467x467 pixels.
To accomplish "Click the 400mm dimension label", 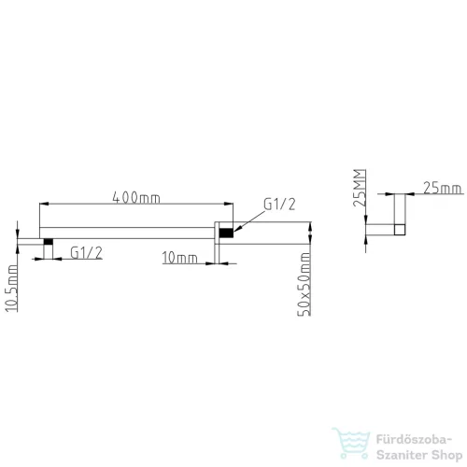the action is [136, 198].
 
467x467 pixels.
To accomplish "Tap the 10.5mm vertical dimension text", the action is [12, 288].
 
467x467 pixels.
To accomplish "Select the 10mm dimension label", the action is [179, 258].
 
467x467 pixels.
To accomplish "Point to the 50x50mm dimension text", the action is [304, 284].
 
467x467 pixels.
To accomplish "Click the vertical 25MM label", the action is [360, 188].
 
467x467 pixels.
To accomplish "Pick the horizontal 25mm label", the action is [442, 188].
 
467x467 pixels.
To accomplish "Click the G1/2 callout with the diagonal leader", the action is [279, 205].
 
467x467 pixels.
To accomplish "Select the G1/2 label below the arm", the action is [86, 252].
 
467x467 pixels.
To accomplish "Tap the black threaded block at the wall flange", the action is [226, 233].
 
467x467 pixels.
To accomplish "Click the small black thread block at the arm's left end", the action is [49, 242].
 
